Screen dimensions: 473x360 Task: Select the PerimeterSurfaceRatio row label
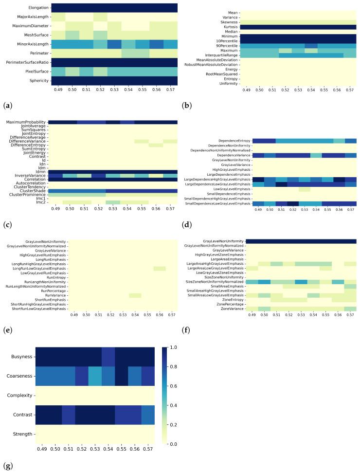tap(27, 62)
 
